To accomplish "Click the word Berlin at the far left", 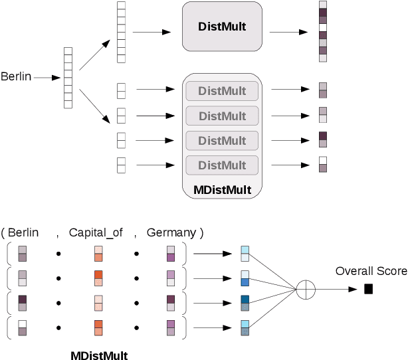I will click(x=16, y=77).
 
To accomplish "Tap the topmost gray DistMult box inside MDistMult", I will click(x=222, y=90).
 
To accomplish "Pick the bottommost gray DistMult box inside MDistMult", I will click(x=222, y=165).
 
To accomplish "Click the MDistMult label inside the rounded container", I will click(x=222, y=191).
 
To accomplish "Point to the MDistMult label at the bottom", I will click(x=99, y=355).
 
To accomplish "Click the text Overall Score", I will click(x=371, y=271).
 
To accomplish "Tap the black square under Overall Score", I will click(x=368, y=289).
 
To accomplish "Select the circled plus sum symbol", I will click(x=305, y=289).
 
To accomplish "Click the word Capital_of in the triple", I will click(x=96, y=232).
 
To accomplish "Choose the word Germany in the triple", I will click(x=171, y=232).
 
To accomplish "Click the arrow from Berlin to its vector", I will click(x=47, y=78).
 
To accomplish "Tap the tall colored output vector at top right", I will click(x=323, y=32).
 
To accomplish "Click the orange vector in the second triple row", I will click(x=98, y=277).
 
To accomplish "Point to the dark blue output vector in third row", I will click(x=245, y=302).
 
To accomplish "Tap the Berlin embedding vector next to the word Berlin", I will click(x=68, y=78).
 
